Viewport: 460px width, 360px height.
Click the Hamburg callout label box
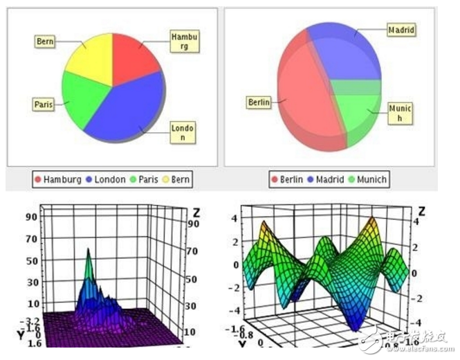(184, 41)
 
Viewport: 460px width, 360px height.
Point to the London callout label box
(183, 132)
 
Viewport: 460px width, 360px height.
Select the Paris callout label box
(44, 105)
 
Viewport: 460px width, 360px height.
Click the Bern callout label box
(46, 41)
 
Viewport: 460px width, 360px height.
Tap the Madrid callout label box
(401, 30)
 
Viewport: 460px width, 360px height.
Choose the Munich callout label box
(400, 113)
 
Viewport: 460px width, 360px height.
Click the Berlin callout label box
(259, 102)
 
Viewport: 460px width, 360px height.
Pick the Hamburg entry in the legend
(58, 179)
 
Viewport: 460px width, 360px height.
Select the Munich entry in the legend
(367, 179)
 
